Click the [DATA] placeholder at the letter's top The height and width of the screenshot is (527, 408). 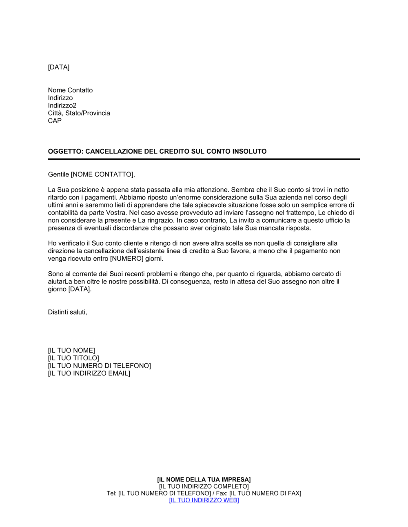pyautogui.click(x=59, y=67)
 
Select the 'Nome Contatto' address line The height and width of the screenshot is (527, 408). pyautogui.click(x=70, y=90)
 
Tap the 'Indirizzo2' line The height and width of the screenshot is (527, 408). pyautogui.click(x=62, y=105)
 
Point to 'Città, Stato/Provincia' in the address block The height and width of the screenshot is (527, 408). pyautogui.click(x=79, y=113)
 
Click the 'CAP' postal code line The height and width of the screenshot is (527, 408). pyautogui.click(x=55, y=121)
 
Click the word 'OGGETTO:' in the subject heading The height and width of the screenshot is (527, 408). pyautogui.click(x=65, y=152)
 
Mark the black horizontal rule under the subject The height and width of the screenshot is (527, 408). pyautogui.click(x=204, y=159)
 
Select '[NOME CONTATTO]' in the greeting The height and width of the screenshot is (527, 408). pyautogui.click(x=102, y=175)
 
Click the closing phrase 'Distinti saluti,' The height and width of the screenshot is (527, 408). pyautogui.click(x=67, y=312)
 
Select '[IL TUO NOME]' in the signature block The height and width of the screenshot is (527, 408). pyautogui.click(x=71, y=351)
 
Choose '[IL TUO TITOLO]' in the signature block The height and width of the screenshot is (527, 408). pyautogui.click(x=73, y=358)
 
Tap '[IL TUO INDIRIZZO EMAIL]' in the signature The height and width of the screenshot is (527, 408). pyautogui.click(x=89, y=373)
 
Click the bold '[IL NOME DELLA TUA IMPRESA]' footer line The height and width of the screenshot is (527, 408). pyautogui.click(x=204, y=480)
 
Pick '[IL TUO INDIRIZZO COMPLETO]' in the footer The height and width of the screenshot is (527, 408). pyautogui.click(x=204, y=487)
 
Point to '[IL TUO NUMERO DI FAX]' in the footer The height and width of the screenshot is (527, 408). pyautogui.click(x=265, y=494)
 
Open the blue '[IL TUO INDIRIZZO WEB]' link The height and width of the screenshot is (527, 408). pyautogui.click(x=204, y=500)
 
